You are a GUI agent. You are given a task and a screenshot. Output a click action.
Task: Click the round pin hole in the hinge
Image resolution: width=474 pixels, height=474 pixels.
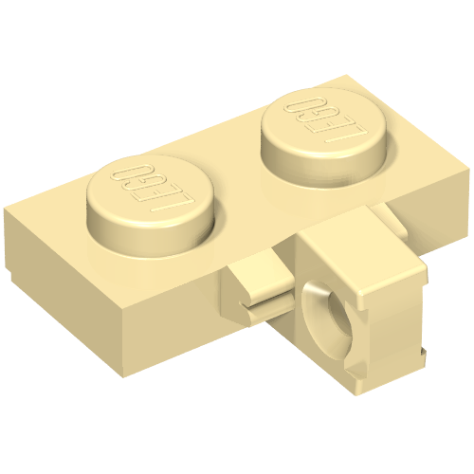338,303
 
